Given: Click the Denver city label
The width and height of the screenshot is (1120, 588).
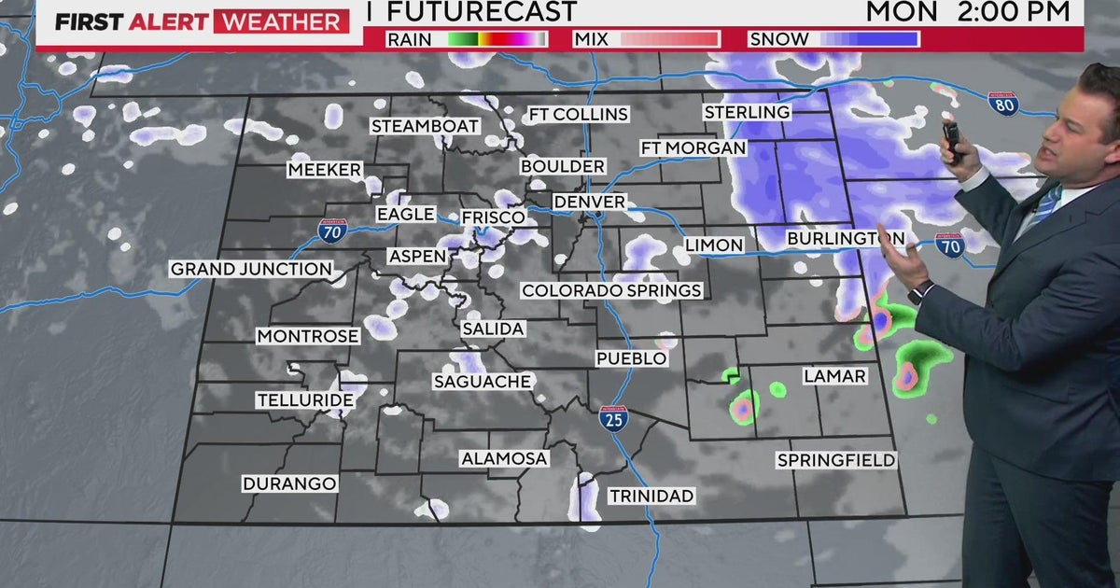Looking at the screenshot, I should (x=589, y=202).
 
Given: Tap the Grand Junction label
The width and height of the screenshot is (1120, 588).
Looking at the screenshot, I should (x=251, y=269).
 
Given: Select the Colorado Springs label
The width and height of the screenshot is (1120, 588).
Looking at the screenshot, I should (x=611, y=290).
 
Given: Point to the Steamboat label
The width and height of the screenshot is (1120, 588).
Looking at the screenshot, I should (x=426, y=126).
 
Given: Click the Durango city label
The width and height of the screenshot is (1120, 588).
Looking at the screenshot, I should (x=289, y=483).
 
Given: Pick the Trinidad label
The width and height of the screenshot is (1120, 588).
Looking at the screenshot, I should (x=651, y=496).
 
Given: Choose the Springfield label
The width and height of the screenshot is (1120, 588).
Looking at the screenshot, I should (x=836, y=460).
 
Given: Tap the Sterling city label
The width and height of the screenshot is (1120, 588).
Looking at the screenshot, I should (x=747, y=112).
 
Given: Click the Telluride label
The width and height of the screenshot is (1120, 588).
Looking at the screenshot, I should (x=305, y=400).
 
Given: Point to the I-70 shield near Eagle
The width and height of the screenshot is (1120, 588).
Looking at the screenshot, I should (x=329, y=229).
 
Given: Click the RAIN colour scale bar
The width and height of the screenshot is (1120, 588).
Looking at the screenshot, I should (x=497, y=39).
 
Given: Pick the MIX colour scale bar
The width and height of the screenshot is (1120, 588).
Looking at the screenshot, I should (x=669, y=39).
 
